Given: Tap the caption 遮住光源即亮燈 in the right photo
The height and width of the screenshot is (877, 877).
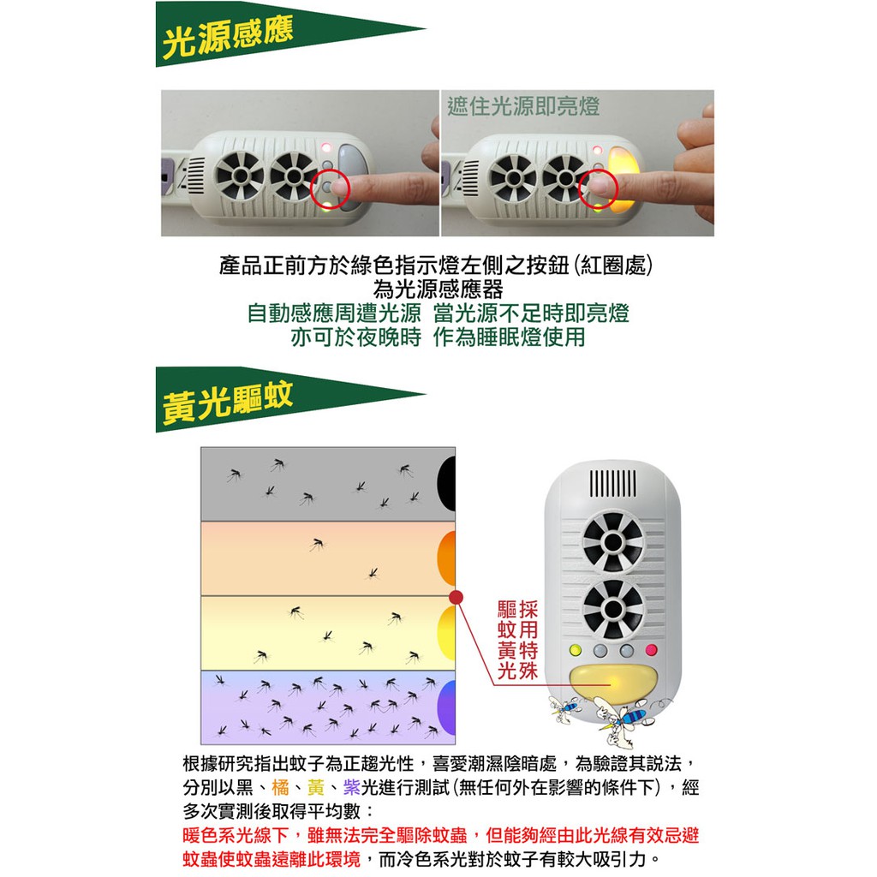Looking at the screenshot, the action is coord(523,106).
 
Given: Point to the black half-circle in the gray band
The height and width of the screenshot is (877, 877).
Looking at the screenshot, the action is coord(446,484).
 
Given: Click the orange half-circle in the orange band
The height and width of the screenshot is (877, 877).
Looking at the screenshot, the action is coord(446,558).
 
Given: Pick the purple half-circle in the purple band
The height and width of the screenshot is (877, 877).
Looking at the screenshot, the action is coord(446,707).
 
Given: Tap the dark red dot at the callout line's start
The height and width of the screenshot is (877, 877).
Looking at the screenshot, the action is coord(456,597).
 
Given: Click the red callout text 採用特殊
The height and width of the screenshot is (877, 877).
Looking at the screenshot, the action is coord(527,640).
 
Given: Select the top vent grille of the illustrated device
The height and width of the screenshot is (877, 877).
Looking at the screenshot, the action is coord(612,483).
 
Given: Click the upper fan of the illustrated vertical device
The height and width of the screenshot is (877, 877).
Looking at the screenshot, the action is coord(613,541).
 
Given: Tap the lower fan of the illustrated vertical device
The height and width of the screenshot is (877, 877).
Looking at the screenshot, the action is coord(613,609).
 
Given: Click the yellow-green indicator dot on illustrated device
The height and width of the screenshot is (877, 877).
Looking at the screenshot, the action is coord(575,650).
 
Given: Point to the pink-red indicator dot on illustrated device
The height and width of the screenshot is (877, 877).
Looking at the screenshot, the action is coord(651,650).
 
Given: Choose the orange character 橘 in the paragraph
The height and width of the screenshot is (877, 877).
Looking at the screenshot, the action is coord(280,787).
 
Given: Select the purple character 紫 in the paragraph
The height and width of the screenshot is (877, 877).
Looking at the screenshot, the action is coord(352,787).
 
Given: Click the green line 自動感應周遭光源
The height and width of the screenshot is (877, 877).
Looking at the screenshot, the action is coord(334,313).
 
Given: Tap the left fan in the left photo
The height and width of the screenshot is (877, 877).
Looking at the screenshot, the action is coord(241,175).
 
